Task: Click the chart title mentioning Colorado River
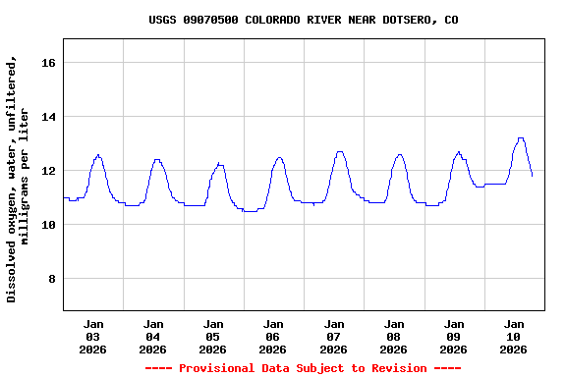[x=303, y=20]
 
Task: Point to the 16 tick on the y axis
[x=47, y=63]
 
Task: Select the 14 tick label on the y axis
[x=47, y=117]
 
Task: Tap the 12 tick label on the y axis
[x=47, y=171]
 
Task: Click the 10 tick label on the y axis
[x=47, y=225]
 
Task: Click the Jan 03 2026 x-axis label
[x=93, y=336]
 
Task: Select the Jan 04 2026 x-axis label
[x=153, y=336]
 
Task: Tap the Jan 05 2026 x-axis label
[x=213, y=336]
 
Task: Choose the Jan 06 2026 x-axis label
[x=273, y=336]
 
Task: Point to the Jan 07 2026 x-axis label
[x=334, y=336]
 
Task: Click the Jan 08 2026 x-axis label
[x=394, y=336]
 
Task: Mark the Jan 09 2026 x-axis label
[x=454, y=336]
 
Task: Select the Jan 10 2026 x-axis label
[x=514, y=336]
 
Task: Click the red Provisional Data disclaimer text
[x=303, y=368]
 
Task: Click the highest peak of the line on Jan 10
[x=521, y=138]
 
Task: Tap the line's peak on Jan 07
[x=340, y=152]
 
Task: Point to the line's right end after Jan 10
[x=533, y=176]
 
